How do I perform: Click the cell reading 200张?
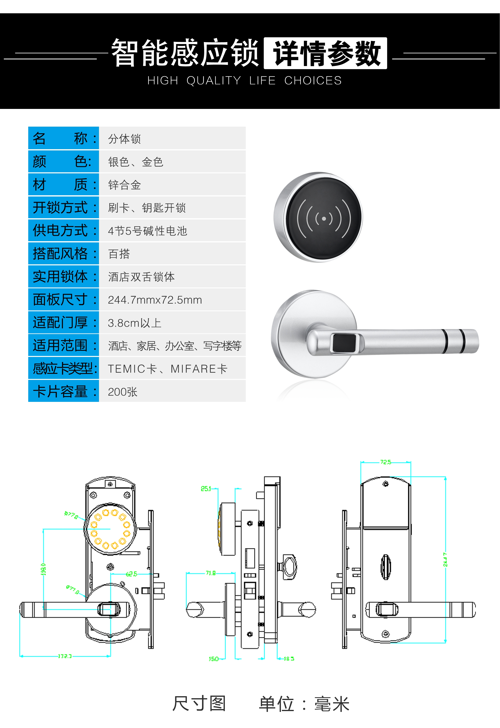[123, 392]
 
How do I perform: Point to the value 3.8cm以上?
[134, 323]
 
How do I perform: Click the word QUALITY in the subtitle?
[214, 81]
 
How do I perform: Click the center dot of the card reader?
[324, 218]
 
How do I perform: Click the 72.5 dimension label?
[385, 462]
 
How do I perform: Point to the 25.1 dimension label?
[206, 489]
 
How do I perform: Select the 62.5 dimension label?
[131, 574]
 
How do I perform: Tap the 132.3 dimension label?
[65, 656]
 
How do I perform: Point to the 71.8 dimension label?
[210, 573]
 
